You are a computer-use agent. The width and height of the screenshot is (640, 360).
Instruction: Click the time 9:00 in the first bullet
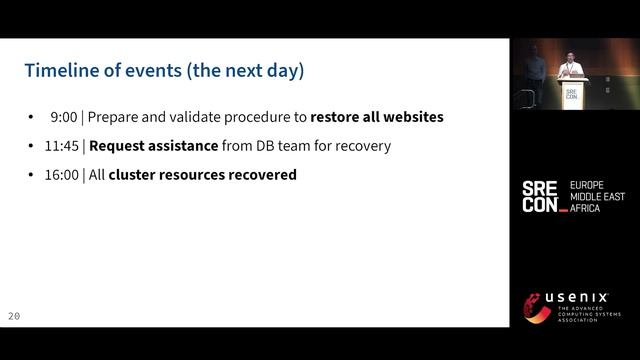tap(64, 117)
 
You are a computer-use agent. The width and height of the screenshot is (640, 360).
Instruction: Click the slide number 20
tap(14, 316)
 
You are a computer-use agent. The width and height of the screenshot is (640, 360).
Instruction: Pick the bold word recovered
tap(262, 175)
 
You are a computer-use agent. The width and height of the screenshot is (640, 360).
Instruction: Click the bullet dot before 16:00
tap(33, 175)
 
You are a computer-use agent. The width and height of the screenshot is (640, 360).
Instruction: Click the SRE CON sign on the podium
tap(571, 94)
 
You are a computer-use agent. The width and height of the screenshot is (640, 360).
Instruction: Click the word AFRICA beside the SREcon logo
tap(587, 208)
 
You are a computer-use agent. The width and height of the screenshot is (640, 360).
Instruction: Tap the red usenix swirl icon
tap(538, 308)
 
